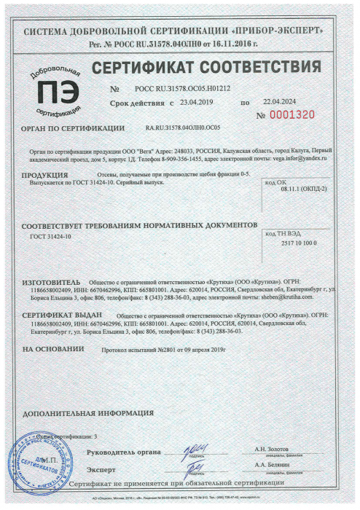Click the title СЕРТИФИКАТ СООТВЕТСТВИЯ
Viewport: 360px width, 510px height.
(x=206, y=68)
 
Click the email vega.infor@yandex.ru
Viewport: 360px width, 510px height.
(x=300, y=157)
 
